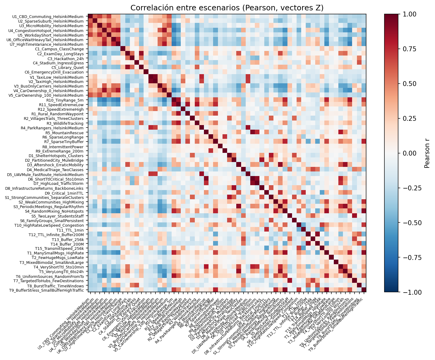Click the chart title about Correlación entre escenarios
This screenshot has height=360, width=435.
click(227, 8)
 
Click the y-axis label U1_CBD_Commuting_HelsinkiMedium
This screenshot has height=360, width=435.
click(48, 16)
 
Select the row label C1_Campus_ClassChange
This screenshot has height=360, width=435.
click(59, 49)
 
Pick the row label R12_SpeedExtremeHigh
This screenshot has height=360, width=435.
click(61, 109)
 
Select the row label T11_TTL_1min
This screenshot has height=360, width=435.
click(70, 230)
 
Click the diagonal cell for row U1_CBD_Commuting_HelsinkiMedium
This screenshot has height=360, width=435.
click(90, 16)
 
